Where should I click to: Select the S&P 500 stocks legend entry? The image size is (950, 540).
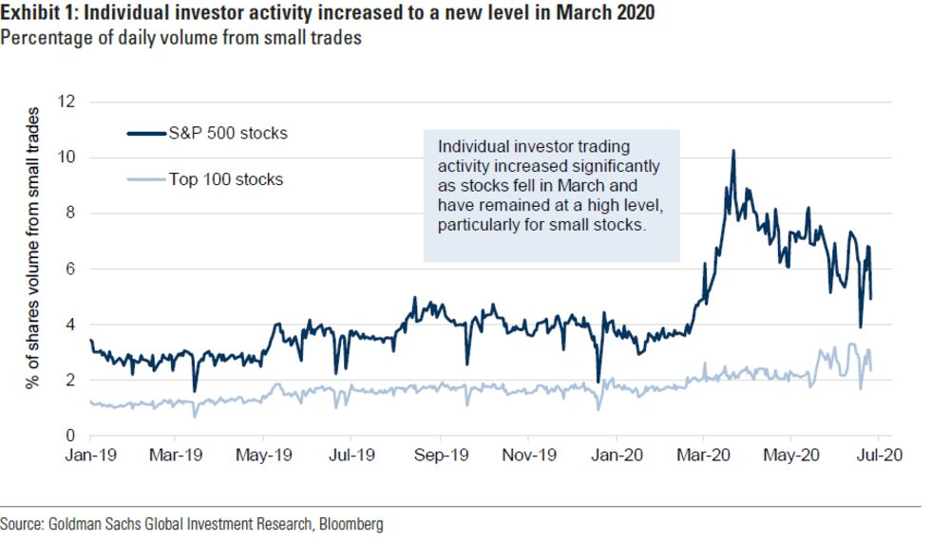click(x=226, y=133)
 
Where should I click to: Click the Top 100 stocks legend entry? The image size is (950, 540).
click(x=225, y=178)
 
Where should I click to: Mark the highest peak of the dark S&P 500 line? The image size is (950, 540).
click(x=732, y=151)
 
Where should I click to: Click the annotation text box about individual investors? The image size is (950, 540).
click(x=551, y=195)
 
